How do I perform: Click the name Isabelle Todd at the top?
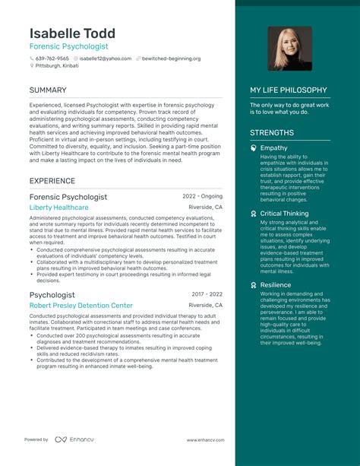coord(72,33)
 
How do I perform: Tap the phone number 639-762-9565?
coord(52,59)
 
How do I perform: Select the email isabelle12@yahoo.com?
coord(105,59)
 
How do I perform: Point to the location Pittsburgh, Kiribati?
coord(59,66)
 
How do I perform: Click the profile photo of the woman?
coord(289,49)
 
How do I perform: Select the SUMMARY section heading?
coord(48,90)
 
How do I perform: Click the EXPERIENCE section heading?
coord(52,181)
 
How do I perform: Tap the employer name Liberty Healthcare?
coord(58,207)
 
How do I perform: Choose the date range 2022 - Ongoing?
coord(203,195)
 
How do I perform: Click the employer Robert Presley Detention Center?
coord(81,305)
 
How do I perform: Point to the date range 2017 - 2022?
coord(207,293)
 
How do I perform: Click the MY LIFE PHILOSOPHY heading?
coord(289,90)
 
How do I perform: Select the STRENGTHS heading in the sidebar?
coord(272,132)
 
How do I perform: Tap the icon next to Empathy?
coord(254,148)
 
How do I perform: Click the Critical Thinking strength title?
coord(284,214)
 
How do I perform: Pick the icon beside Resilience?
coord(254,284)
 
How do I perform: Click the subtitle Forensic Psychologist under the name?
coord(68,46)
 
